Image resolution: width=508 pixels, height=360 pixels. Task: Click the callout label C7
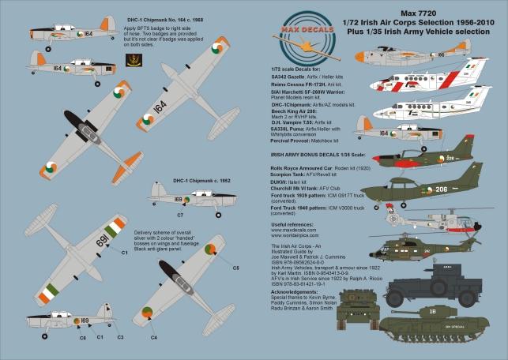tap(181, 215)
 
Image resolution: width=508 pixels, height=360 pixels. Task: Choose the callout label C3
tap(121, 337)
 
